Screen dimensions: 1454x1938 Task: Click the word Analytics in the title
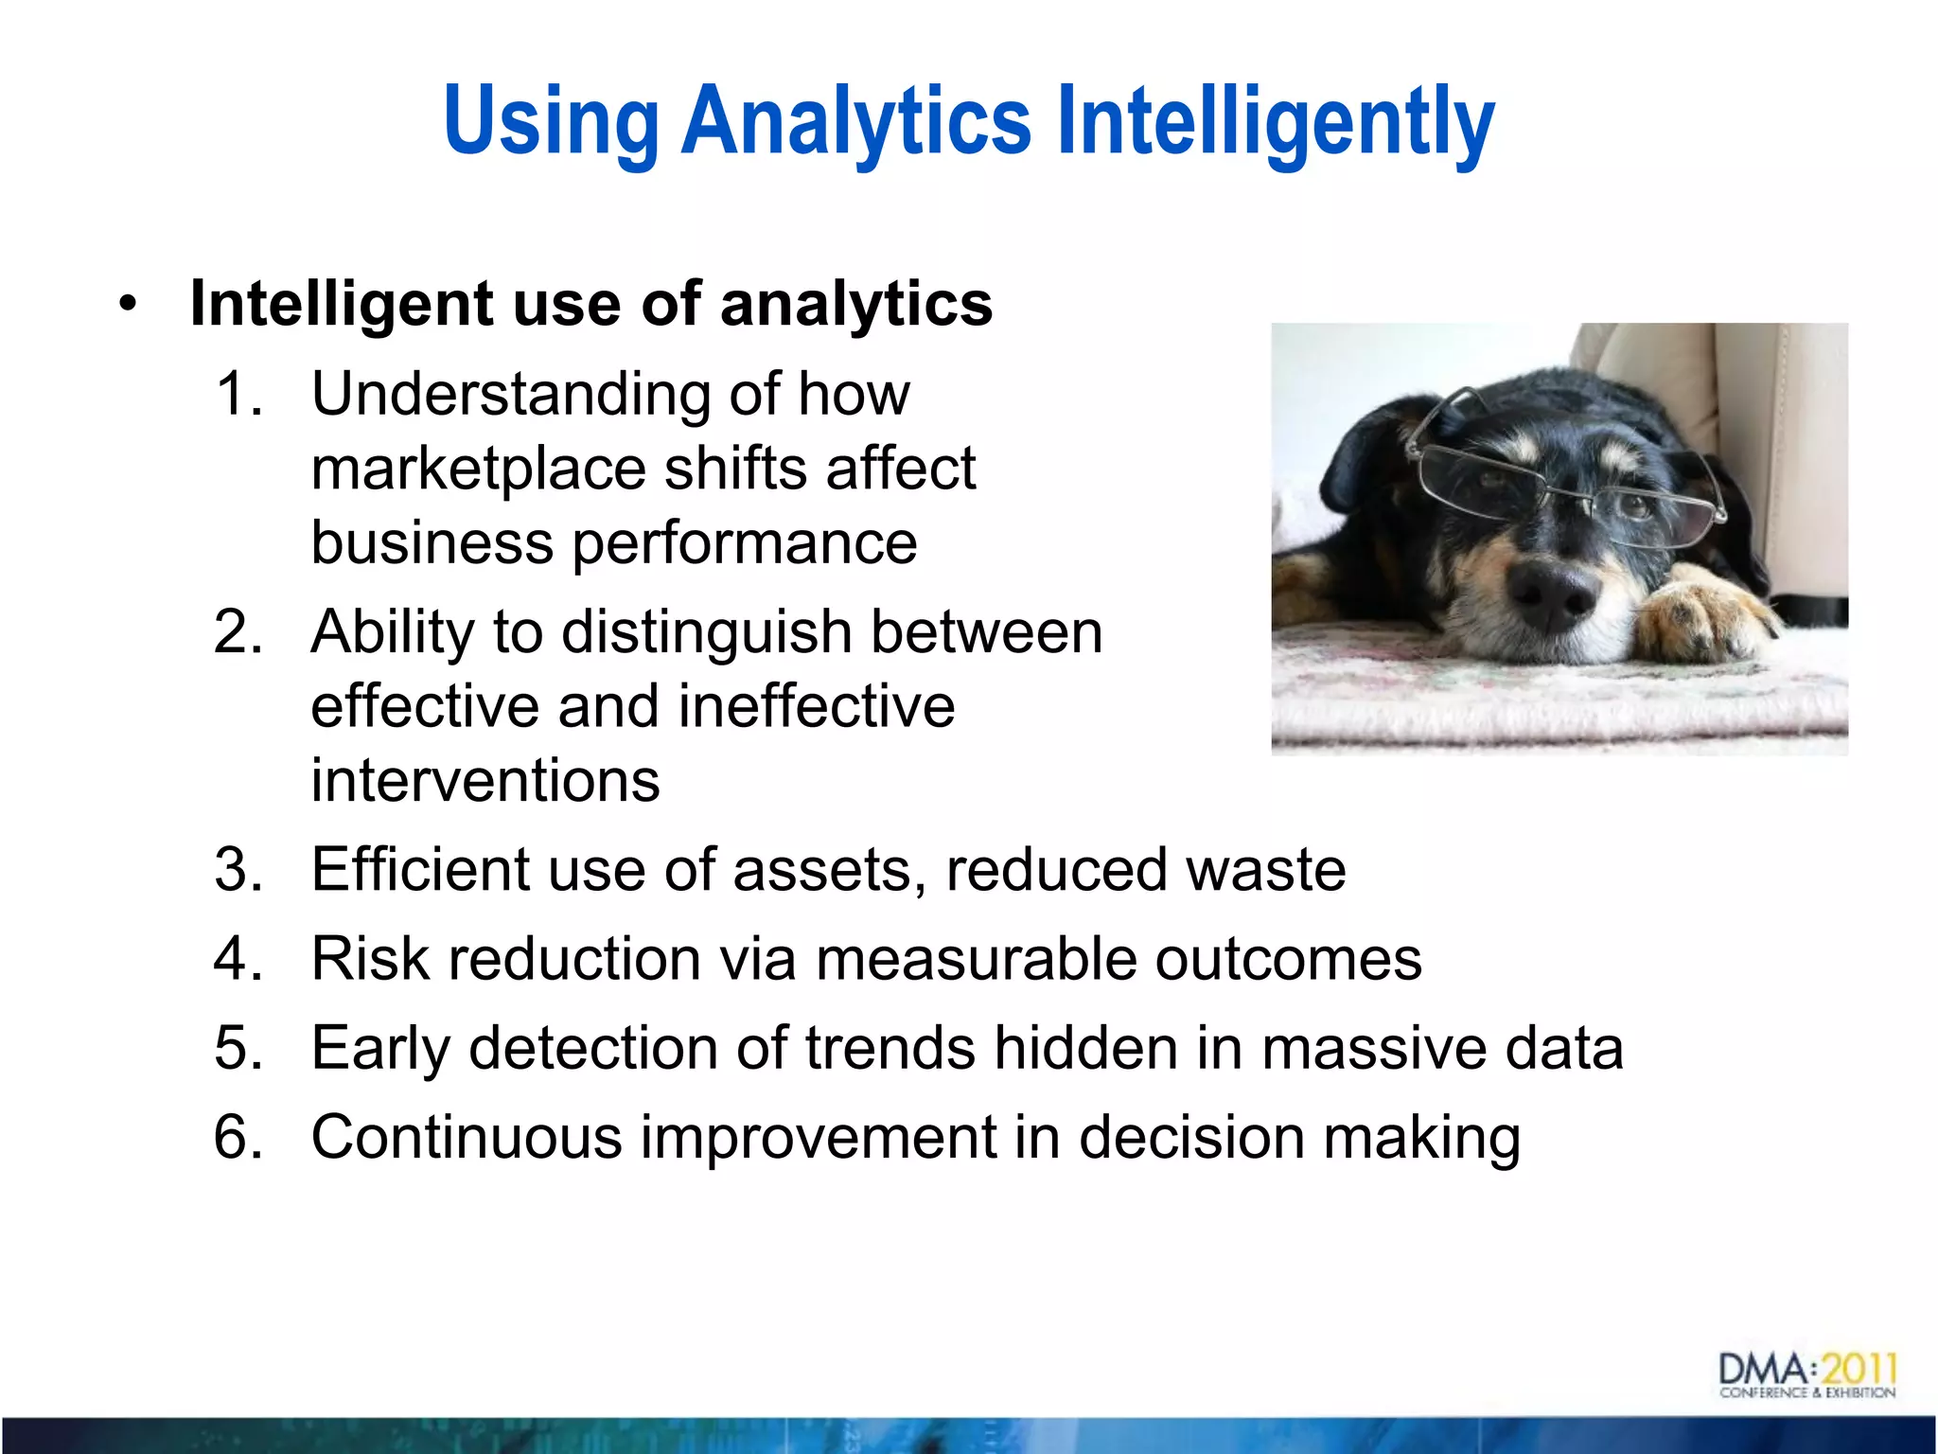(x=855, y=120)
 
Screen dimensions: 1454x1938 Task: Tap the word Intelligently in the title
(x=1275, y=120)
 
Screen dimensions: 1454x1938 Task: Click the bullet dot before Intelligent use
(x=128, y=304)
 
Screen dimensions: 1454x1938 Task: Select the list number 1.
(x=238, y=393)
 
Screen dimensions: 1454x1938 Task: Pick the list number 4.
(x=238, y=958)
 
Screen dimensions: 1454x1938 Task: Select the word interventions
(x=485, y=781)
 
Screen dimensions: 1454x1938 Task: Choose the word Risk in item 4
(x=370, y=958)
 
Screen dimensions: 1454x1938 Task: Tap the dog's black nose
(x=1550, y=593)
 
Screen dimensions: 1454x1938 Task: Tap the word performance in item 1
(x=745, y=544)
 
